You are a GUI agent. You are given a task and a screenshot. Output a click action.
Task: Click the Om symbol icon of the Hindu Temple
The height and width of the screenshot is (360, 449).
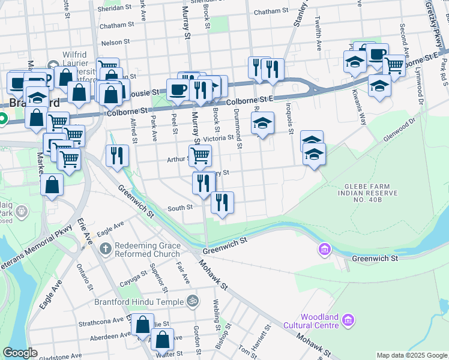[193, 301]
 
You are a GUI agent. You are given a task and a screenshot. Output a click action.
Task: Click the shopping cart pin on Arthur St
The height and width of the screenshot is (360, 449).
[200, 155]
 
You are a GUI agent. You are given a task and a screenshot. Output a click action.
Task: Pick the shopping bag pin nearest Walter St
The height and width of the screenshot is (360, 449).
[162, 340]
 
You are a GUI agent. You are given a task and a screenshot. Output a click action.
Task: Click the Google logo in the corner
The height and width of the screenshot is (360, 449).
[20, 353]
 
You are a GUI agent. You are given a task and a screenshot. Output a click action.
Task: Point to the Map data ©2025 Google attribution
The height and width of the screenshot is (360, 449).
[412, 355]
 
